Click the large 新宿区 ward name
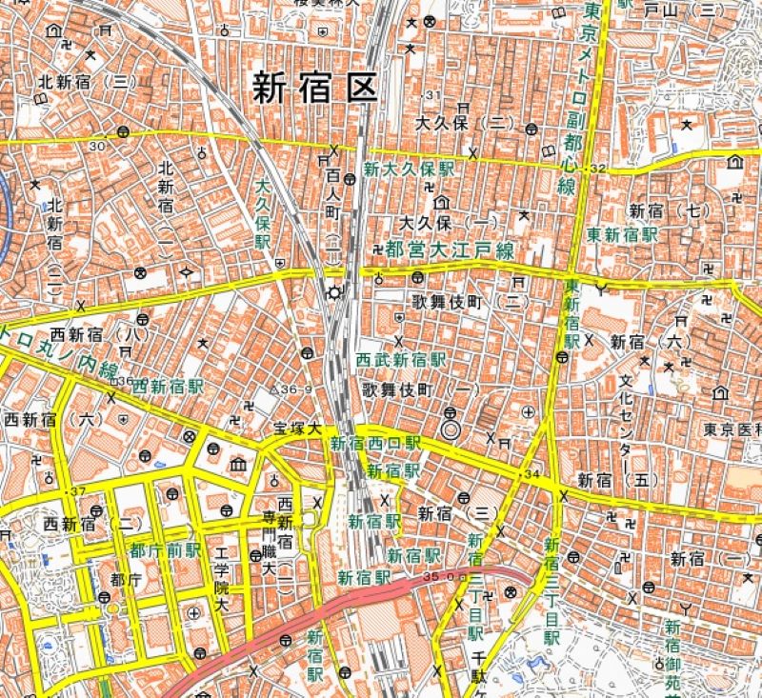coord(314,88)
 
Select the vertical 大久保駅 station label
coord(263,217)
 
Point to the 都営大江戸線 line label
coord(450,250)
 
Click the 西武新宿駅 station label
coord(401,361)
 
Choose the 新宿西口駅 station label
coord(375,443)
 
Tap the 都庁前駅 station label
coord(166,550)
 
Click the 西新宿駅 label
coord(169,387)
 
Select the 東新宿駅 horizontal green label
coord(624,233)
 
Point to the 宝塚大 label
coord(298,429)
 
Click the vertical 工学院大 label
coord(222,580)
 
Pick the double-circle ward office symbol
coord(451,430)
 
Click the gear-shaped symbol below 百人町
coord(334,292)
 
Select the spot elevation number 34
coord(531,473)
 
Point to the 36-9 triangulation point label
coord(292,389)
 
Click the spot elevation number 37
coord(77,491)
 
